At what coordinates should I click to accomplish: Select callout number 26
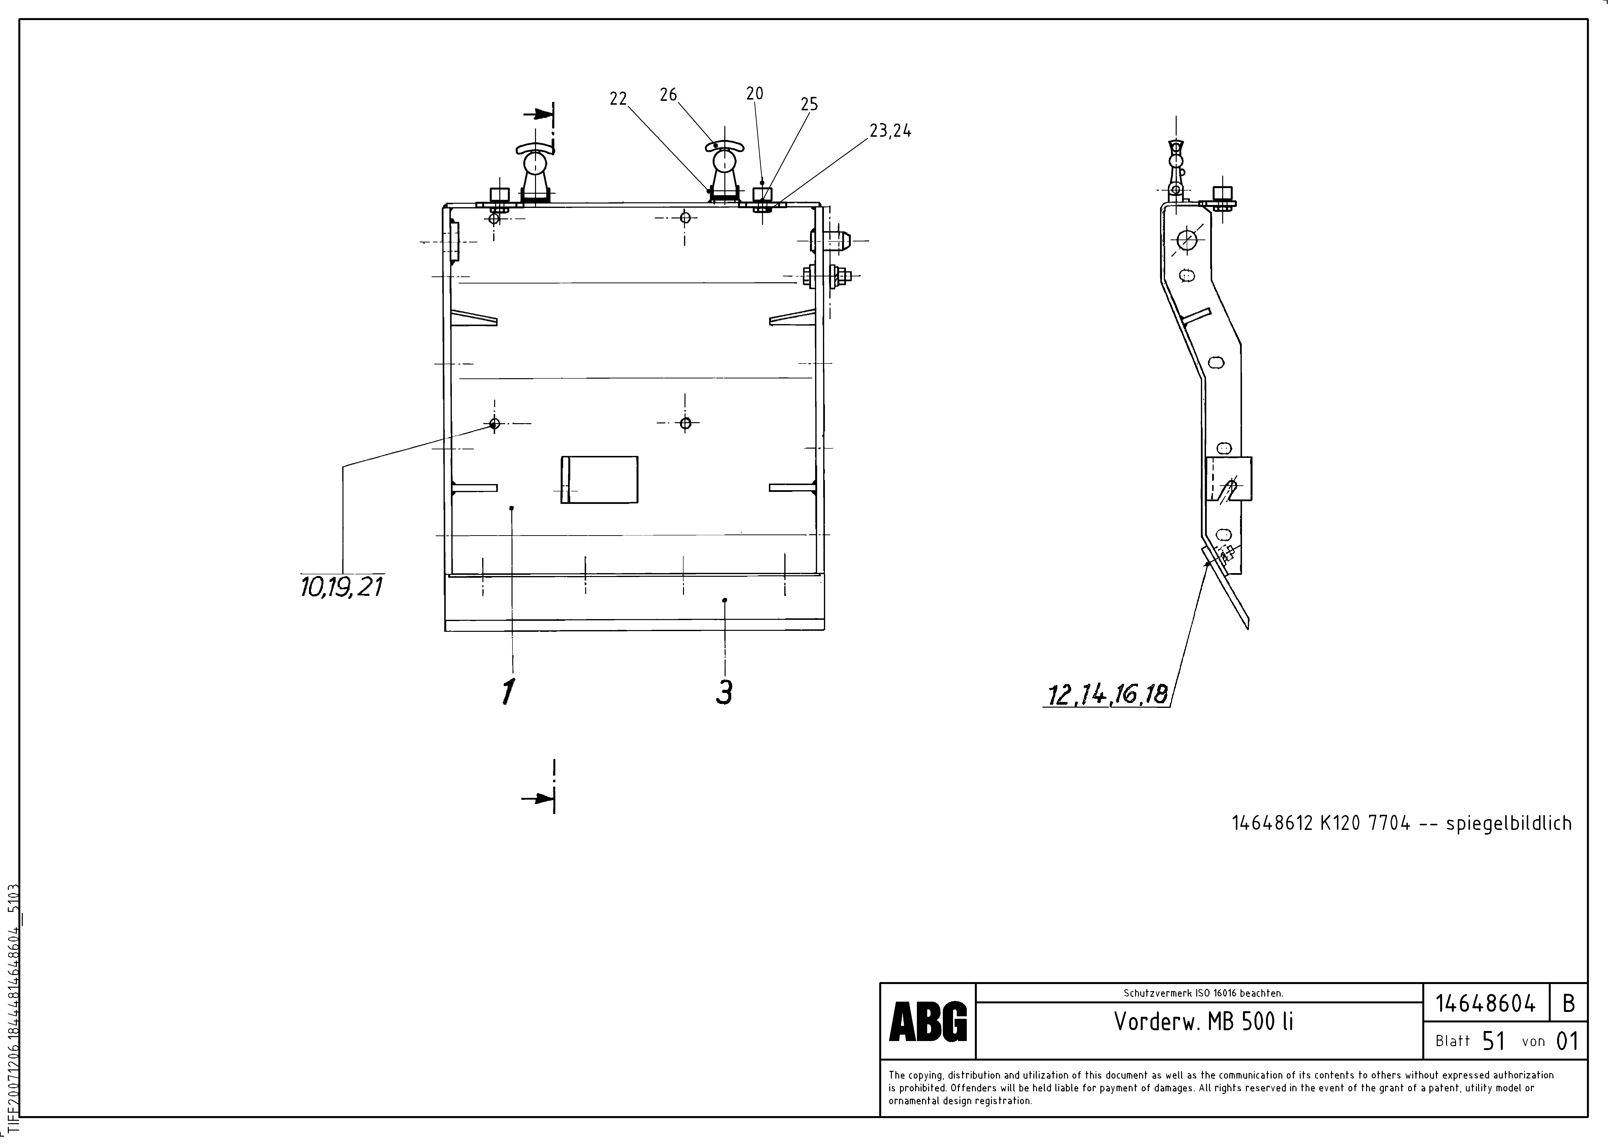pos(668,94)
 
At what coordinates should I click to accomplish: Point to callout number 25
pos(809,104)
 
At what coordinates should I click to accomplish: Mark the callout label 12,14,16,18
pos(1107,695)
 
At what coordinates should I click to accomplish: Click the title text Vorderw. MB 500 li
pos(1203,1021)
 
